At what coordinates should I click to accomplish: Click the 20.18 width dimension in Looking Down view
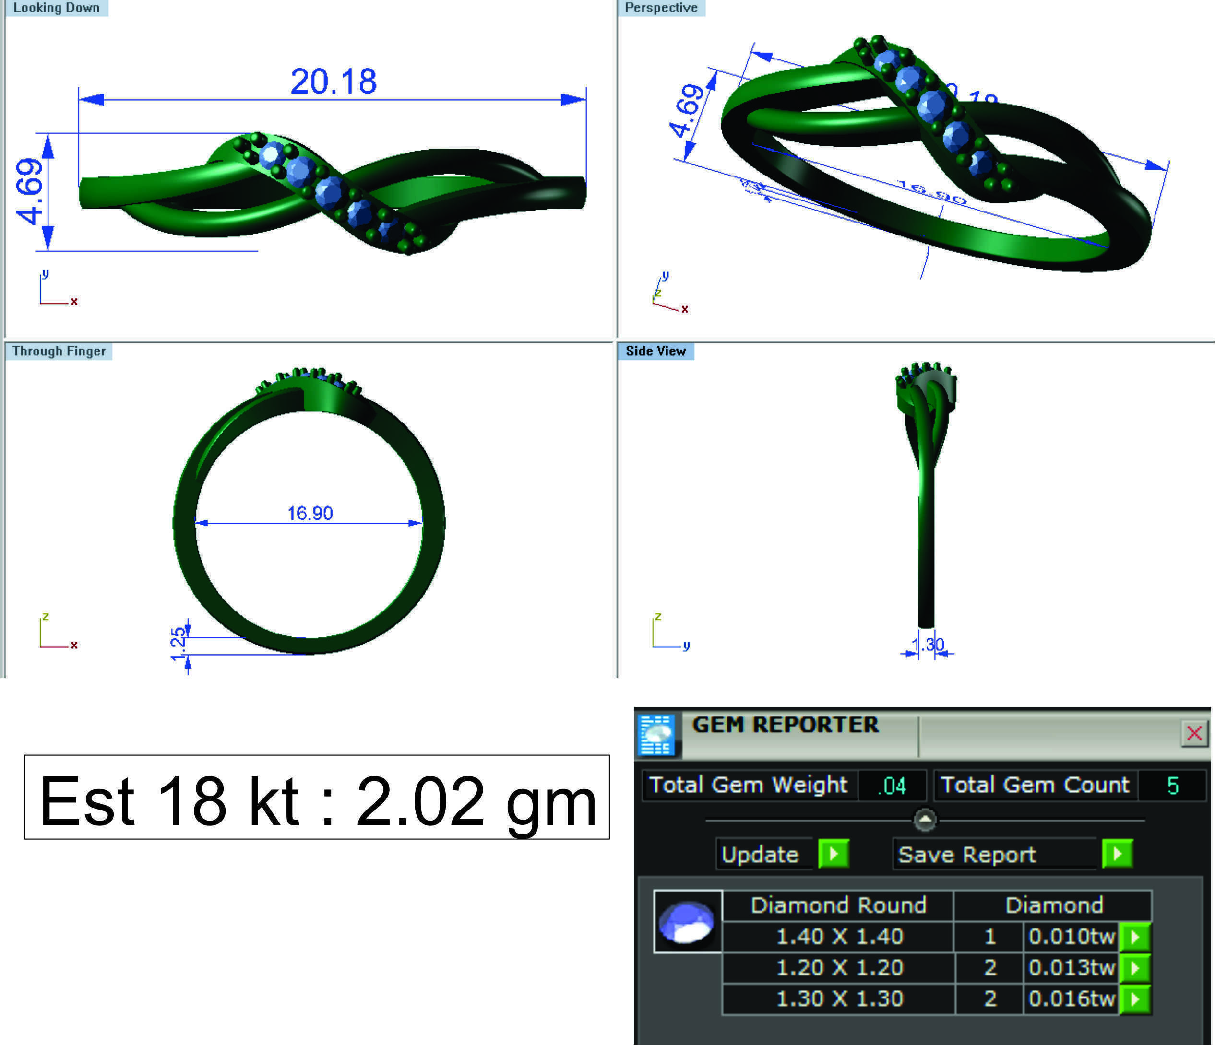pyautogui.click(x=333, y=81)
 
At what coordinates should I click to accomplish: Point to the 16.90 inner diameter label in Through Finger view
pyautogui.click(x=310, y=514)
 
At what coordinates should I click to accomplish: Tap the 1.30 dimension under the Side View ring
pyautogui.click(x=928, y=645)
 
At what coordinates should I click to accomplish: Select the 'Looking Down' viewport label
pyautogui.click(x=56, y=8)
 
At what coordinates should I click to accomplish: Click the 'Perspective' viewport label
pyautogui.click(x=661, y=8)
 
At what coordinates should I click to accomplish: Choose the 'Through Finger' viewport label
pyautogui.click(x=59, y=351)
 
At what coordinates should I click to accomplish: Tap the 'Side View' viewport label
pyautogui.click(x=655, y=351)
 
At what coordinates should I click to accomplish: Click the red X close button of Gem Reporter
pyautogui.click(x=1194, y=733)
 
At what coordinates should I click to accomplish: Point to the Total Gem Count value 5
pyautogui.click(x=1172, y=786)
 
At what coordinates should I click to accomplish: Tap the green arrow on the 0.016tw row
pyautogui.click(x=1135, y=998)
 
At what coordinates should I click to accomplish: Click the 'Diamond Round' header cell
pyautogui.click(x=838, y=905)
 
